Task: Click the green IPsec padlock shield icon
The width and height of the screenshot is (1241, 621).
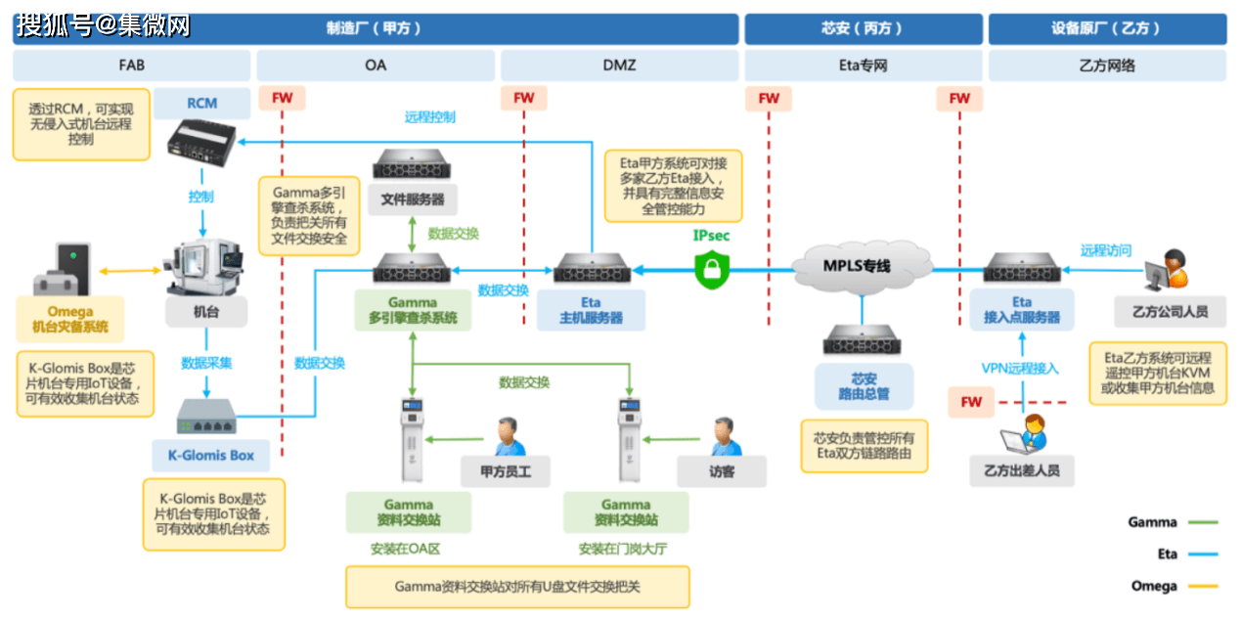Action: [x=712, y=268]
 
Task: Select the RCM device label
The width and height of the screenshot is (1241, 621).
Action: [x=201, y=103]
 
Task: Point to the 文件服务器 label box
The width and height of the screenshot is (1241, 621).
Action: [x=412, y=200]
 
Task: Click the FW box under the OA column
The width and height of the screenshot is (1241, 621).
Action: [x=282, y=98]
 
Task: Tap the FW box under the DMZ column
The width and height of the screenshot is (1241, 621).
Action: [x=524, y=98]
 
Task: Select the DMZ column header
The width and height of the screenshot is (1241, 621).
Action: [x=618, y=66]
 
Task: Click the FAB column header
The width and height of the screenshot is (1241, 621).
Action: [x=131, y=66]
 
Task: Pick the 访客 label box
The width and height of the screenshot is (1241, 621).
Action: [x=721, y=470]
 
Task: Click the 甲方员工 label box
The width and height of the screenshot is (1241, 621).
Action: [x=505, y=470]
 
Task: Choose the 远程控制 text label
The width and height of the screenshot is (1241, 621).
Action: [x=430, y=117]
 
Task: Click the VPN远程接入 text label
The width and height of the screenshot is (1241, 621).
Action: [x=1020, y=369]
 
